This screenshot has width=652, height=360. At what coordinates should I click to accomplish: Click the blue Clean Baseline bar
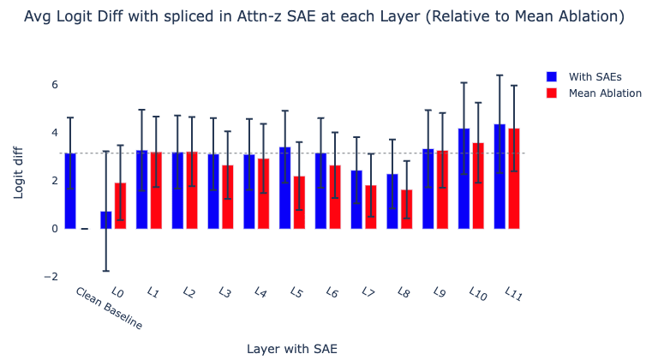(70, 191)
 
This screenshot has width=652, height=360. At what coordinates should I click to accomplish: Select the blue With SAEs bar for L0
(106, 220)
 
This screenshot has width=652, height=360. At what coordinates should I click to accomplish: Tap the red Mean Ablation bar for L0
(121, 206)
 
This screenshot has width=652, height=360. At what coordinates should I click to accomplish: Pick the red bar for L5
(299, 202)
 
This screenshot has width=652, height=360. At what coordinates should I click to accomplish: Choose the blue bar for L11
(499, 177)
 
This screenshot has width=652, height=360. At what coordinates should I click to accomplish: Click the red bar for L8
(407, 209)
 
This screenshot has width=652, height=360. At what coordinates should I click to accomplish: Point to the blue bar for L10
(464, 178)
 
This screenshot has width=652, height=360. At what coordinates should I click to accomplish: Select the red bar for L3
(228, 197)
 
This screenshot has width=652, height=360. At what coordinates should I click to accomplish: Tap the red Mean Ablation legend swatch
(552, 93)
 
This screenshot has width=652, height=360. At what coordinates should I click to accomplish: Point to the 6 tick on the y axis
(55, 85)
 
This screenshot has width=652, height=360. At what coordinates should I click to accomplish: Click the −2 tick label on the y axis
(51, 277)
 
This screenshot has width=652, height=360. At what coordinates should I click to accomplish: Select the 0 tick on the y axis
(55, 229)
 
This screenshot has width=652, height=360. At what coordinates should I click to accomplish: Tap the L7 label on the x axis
(368, 292)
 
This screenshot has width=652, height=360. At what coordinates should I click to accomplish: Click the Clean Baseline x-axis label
(109, 309)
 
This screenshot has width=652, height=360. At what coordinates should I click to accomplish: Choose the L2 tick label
(189, 292)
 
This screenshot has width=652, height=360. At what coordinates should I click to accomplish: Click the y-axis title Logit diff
(18, 173)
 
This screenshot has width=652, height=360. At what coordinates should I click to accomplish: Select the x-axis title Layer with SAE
(292, 349)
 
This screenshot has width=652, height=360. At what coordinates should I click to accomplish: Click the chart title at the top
(325, 16)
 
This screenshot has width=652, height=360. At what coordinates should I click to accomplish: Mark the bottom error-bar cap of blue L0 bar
(106, 271)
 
